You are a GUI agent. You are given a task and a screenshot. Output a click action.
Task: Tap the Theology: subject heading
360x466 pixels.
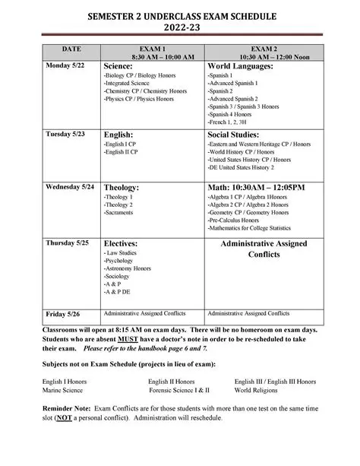pyautogui.click(x=122, y=187)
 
